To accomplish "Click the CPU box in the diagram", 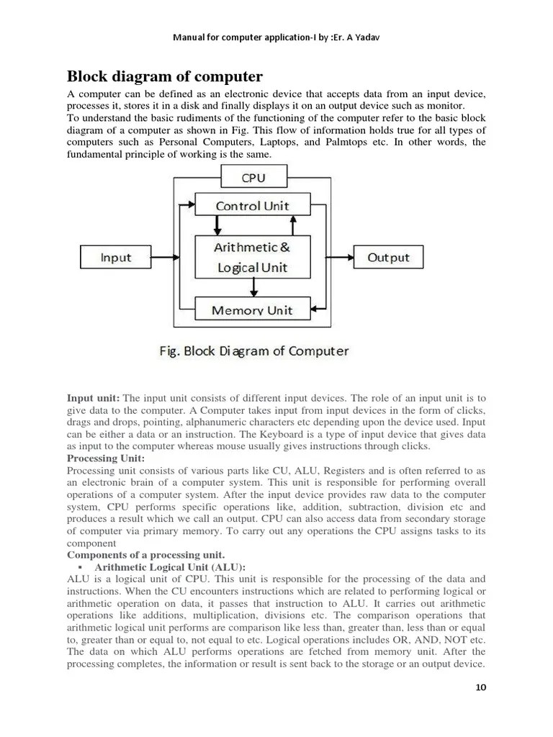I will (x=253, y=178).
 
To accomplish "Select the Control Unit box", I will (x=253, y=205).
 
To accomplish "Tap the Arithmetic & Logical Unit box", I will (x=253, y=257).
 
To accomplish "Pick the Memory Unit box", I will (x=253, y=310).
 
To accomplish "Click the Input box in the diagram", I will (x=115, y=258).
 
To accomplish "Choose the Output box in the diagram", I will (x=388, y=257).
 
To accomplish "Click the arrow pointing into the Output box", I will (x=342, y=257).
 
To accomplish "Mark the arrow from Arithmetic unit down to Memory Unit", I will (x=253, y=288).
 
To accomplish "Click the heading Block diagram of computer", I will (x=164, y=76).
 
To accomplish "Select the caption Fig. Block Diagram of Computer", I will (x=253, y=351).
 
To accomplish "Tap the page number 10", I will (x=481, y=687).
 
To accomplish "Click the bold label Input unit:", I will (x=94, y=398).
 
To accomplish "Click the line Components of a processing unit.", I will (x=146, y=555).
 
